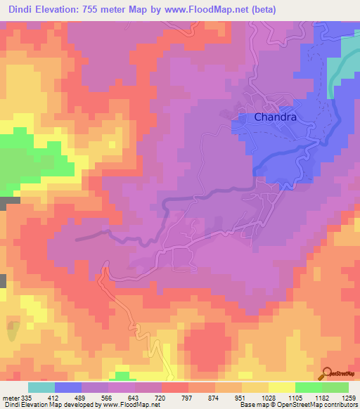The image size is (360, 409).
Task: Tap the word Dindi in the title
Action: coord(20,10)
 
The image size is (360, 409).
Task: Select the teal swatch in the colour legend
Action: coord(41,387)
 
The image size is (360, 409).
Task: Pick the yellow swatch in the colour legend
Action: coord(282,387)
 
